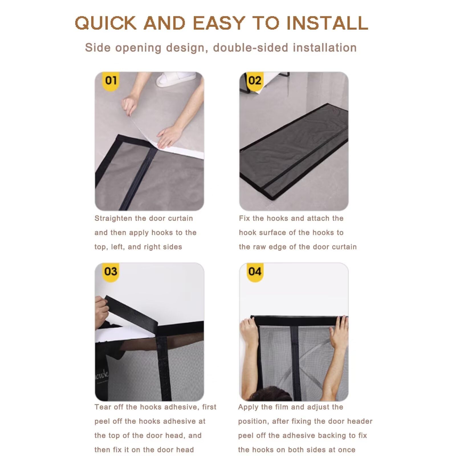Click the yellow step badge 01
click(111, 81)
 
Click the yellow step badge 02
click(255, 81)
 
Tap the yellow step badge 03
click(111, 272)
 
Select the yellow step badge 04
click(255, 272)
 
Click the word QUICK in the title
click(106, 23)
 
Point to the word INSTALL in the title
click(327, 23)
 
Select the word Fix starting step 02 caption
click(245, 218)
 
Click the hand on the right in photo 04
click(339, 332)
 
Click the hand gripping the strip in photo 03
click(101, 309)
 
